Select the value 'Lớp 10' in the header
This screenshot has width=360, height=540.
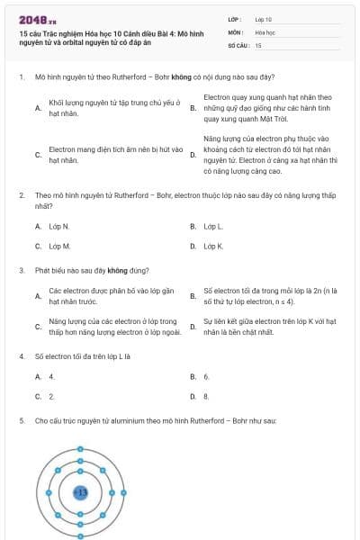[264, 18]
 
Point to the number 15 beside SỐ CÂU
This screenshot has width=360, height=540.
[258, 44]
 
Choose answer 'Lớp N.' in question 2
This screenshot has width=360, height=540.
[59, 226]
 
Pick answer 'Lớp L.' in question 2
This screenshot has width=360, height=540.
[213, 226]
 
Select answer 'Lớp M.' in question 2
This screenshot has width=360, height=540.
[59, 246]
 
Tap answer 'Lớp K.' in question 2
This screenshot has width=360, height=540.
[213, 246]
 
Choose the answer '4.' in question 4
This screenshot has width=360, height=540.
[52, 376]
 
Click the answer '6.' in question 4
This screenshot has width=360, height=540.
[207, 376]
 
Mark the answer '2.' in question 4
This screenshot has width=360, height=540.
[52, 396]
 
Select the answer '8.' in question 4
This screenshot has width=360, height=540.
[207, 396]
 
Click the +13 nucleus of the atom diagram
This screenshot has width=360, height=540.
[79, 492]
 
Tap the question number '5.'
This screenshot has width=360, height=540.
[22, 420]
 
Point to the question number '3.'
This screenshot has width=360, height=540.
[22, 270]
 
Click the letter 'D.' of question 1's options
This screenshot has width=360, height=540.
[193, 155]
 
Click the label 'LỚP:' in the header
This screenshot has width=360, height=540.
[235, 18]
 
